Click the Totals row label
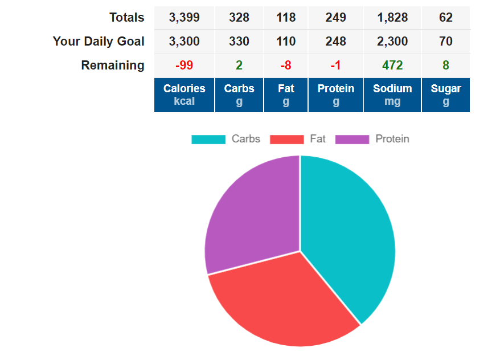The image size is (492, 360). [x=126, y=18]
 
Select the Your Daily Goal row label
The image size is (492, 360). [x=99, y=42]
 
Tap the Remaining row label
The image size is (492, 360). [x=113, y=66]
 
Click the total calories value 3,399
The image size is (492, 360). [x=184, y=18]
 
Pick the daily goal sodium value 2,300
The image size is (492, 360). [x=392, y=42]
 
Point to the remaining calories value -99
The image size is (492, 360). [x=184, y=66]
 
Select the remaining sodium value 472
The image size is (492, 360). [x=392, y=66]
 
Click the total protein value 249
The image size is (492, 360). [x=336, y=18]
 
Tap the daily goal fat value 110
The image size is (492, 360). [x=286, y=42]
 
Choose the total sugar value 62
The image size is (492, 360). [x=446, y=18]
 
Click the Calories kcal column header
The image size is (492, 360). [x=184, y=95]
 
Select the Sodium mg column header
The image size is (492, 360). [x=392, y=95]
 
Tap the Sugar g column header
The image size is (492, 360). [x=446, y=95]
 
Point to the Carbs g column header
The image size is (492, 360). [x=239, y=95]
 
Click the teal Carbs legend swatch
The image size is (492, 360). [x=208, y=139]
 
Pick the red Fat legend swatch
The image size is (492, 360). [x=287, y=139]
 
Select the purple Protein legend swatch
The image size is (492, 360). [x=352, y=139]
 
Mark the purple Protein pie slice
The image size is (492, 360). [x=251, y=216]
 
